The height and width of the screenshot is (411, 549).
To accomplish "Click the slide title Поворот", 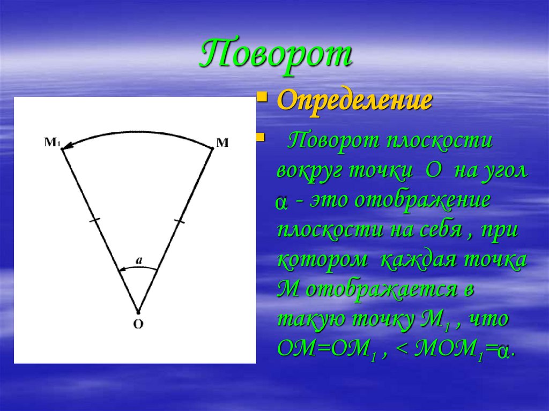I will pyautogui.click(x=276, y=55).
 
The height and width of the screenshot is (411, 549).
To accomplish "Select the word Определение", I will pyautogui.click(x=354, y=101).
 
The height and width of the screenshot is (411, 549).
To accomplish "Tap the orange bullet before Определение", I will pyautogui.click(x=262, y=98).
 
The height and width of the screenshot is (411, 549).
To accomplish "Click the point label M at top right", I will pyautogui.click(x=222, y=143).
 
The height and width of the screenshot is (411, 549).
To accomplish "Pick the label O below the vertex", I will pyautogui.click(x=138, y=324).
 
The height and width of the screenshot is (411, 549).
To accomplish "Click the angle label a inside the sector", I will pyautogui.click(x=138, y=261).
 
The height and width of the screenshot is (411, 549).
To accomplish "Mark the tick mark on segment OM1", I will pyautogui.click(x=95, y=219).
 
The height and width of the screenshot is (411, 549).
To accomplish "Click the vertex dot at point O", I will pyautogui.click(x=138, y=312).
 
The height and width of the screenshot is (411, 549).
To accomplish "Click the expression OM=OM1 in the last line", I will pyautogui.click(x=327, y=349).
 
